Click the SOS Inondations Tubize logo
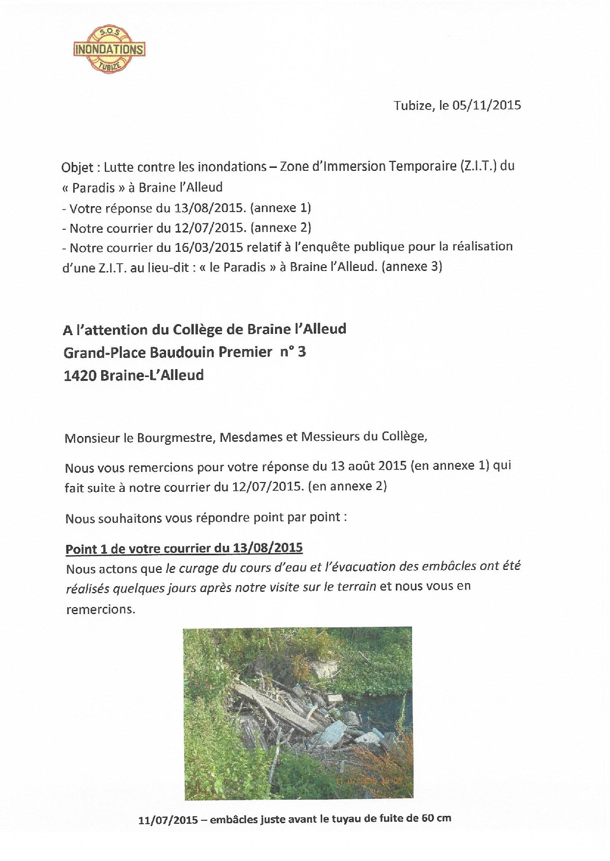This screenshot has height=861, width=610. [109, 50]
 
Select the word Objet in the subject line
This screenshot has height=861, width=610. [77, 167]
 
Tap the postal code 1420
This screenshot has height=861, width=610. [80, 376]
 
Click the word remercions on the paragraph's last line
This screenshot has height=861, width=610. [100, 610]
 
